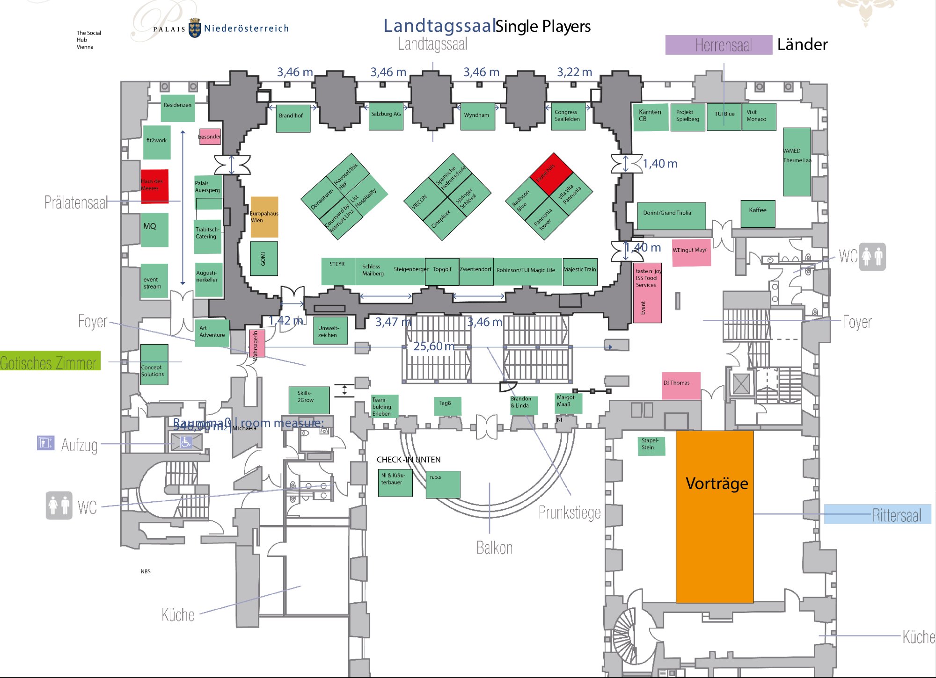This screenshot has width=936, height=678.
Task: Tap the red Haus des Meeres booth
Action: point(154,186)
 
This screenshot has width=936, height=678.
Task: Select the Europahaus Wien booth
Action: point(264,217)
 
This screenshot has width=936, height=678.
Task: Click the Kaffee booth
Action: point(758,214)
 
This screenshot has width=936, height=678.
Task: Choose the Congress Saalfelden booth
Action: point(568,116)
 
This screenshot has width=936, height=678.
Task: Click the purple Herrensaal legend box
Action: point(718,45)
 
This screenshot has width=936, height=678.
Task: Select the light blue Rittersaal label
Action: point(877,514)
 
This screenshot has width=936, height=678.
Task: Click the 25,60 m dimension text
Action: point(433,346)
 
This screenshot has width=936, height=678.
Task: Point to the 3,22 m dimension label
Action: point(574,72)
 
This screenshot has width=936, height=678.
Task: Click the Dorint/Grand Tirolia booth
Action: point(671,216)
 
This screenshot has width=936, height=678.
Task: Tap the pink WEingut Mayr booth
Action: point(691,252)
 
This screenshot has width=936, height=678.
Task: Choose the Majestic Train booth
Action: point(580,272)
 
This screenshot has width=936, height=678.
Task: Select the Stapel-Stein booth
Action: point(651,446)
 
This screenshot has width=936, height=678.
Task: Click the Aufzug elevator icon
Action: point(45,442)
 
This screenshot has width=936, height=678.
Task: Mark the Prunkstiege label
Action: point(569,513)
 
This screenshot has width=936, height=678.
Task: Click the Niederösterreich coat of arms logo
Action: point(195,28)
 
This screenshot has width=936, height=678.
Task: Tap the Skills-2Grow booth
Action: point(308,400)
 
